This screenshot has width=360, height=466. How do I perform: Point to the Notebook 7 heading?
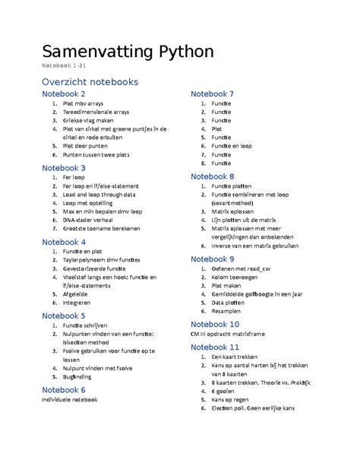tap(223, 94)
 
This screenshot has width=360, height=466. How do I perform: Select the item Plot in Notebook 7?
tap(217, 129)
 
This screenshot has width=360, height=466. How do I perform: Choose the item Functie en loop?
tap(232, 145)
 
